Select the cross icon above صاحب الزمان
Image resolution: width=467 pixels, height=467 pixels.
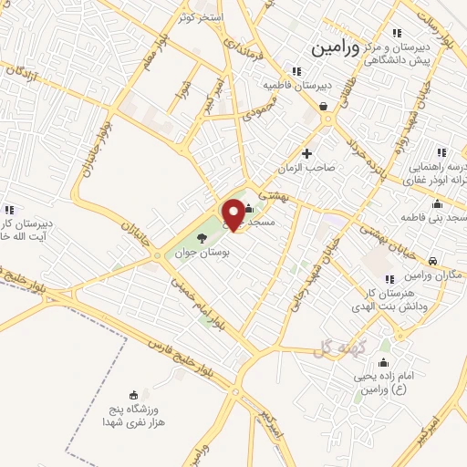pos(307,152)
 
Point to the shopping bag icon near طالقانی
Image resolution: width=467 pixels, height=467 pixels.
pos(324,106)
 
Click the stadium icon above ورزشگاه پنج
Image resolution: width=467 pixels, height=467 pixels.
pos(134,395)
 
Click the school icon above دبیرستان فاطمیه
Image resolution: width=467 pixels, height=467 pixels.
pos(295,71)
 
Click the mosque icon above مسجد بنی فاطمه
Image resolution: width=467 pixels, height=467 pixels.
pos(441,203)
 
